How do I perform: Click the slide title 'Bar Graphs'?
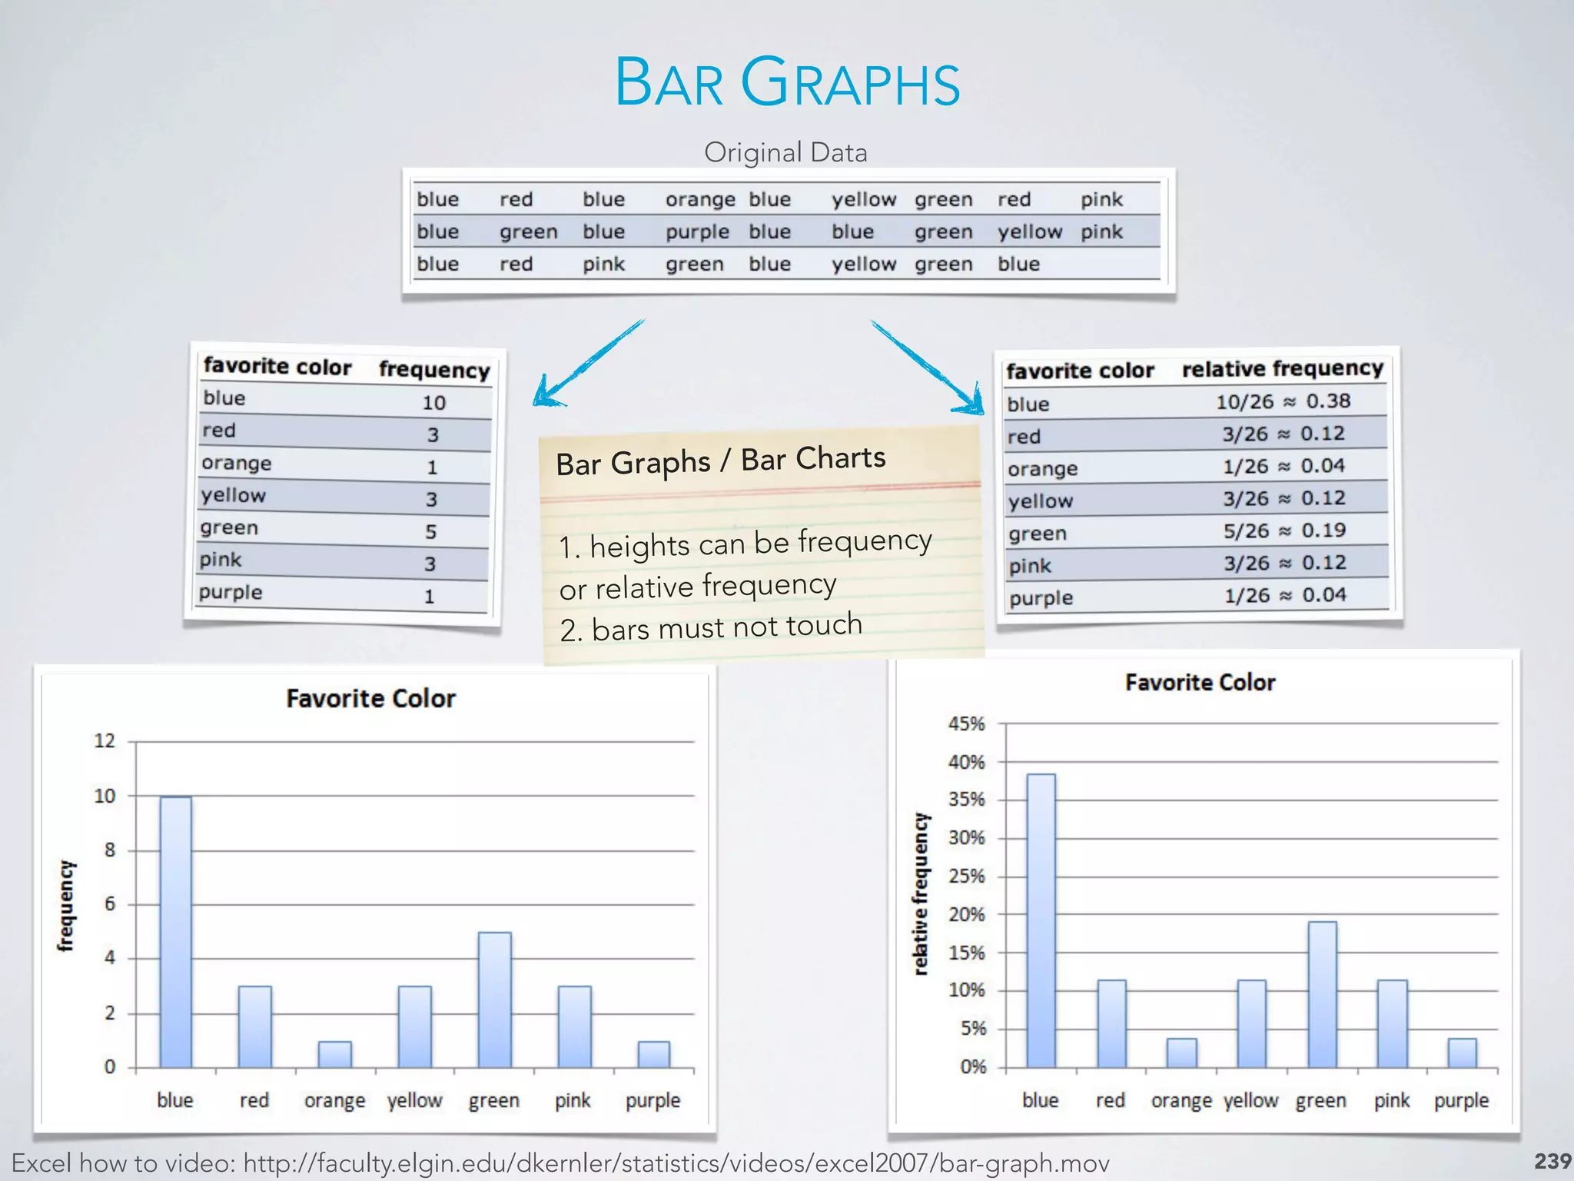point(787,82)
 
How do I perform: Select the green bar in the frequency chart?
point(494,999)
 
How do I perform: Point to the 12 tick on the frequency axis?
point(105,741)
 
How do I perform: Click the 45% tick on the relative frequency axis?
point(966,724)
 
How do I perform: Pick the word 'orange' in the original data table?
point(699,200)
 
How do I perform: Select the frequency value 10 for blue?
point(434,403)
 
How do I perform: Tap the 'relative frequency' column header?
point(1282,369)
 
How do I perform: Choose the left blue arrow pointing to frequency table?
point(588,363)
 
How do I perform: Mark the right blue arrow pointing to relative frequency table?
point(928,367)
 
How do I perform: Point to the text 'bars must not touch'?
point(726,627)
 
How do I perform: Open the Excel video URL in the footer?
point(676,1163)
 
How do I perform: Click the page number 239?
point(1552,1161)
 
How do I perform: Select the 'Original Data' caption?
point(785,152)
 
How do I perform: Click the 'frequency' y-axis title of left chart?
point(67,906)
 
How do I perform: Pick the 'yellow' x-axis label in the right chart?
point(1250,1101)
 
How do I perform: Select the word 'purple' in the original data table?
point(697,232)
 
